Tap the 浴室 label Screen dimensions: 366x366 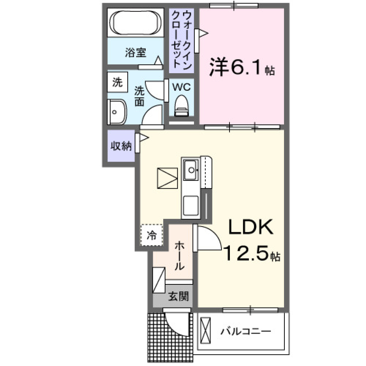[x=135, y=53]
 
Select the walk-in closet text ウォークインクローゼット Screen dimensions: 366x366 [x=181, y=39]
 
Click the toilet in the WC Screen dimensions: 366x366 [x=181, y=106]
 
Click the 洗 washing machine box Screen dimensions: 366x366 [x=117, y=82]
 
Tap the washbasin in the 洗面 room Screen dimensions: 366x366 [x=116, y=112]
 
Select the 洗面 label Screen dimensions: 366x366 [x=139, y=96]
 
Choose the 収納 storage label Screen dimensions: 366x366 [x=121, y=146]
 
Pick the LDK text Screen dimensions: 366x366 [x=250, y=228]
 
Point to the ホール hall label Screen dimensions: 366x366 [x=179, y=255]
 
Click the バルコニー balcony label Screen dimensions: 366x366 [x=245, y=331]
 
